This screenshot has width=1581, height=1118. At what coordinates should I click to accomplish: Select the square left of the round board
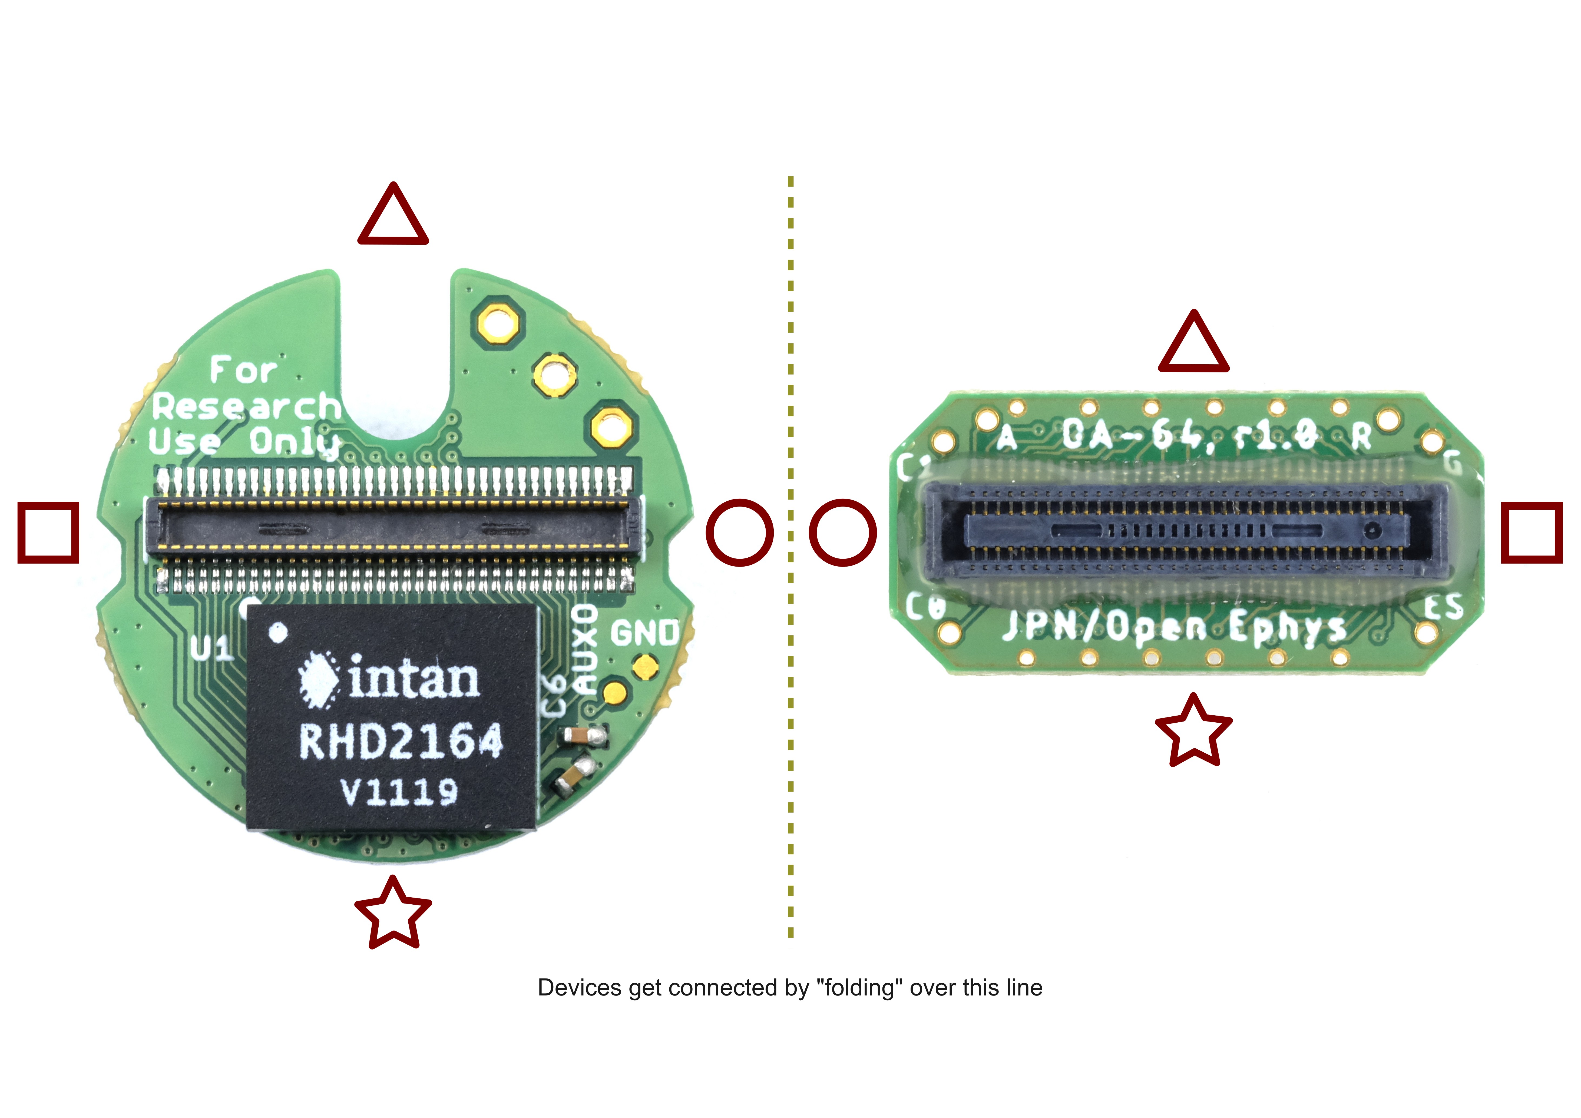click(x=48, y=532)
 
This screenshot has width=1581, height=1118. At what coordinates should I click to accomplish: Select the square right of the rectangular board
click(x=1532, y=532)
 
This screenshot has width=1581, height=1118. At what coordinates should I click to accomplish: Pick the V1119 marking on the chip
click(x=399, y=792)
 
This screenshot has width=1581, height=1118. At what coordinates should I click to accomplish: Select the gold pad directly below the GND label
click(x=645, y=665)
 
